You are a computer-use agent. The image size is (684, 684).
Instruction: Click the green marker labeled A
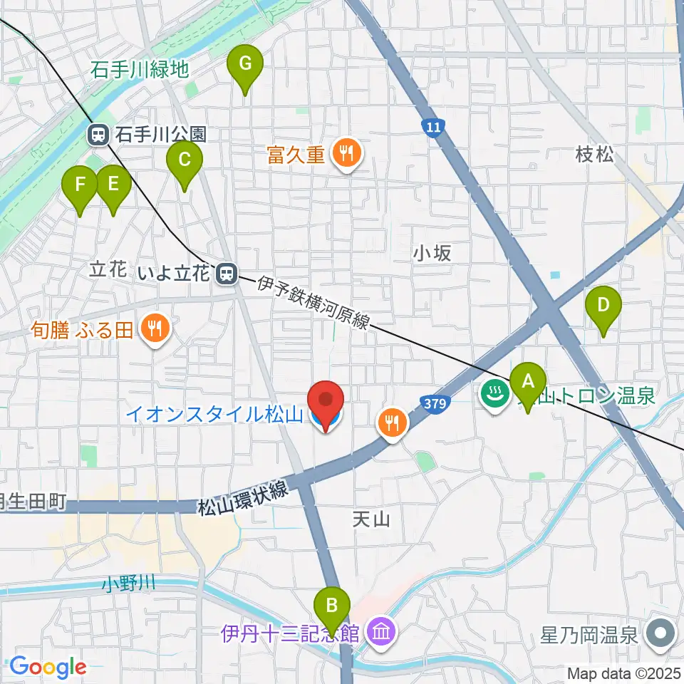click(x=528, y=383)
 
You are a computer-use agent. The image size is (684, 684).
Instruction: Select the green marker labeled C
click(x=184, y=161)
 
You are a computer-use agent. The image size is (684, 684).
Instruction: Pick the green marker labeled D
click(x=603, y=306)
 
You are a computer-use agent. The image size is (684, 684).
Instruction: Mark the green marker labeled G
click(x=244, y=65)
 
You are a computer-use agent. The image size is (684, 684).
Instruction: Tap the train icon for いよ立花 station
click(x=227, y=273)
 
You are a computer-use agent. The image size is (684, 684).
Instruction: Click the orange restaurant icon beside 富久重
click(x=346, y=153)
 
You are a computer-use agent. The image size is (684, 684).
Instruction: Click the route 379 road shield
click(x=437, y=404)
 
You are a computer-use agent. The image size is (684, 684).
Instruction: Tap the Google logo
click(x=48, y=666)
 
